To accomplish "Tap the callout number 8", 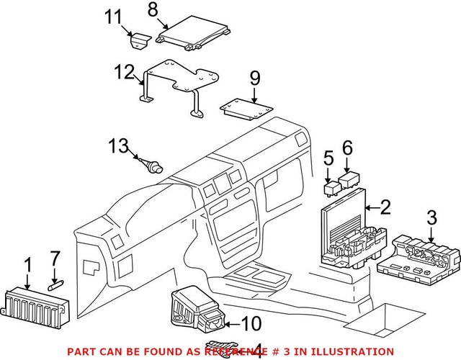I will tap(152, 9).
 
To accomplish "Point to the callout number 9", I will tap(254, 76).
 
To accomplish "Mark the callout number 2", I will tap(385, 208).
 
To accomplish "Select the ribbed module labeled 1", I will tap(36, 302).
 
